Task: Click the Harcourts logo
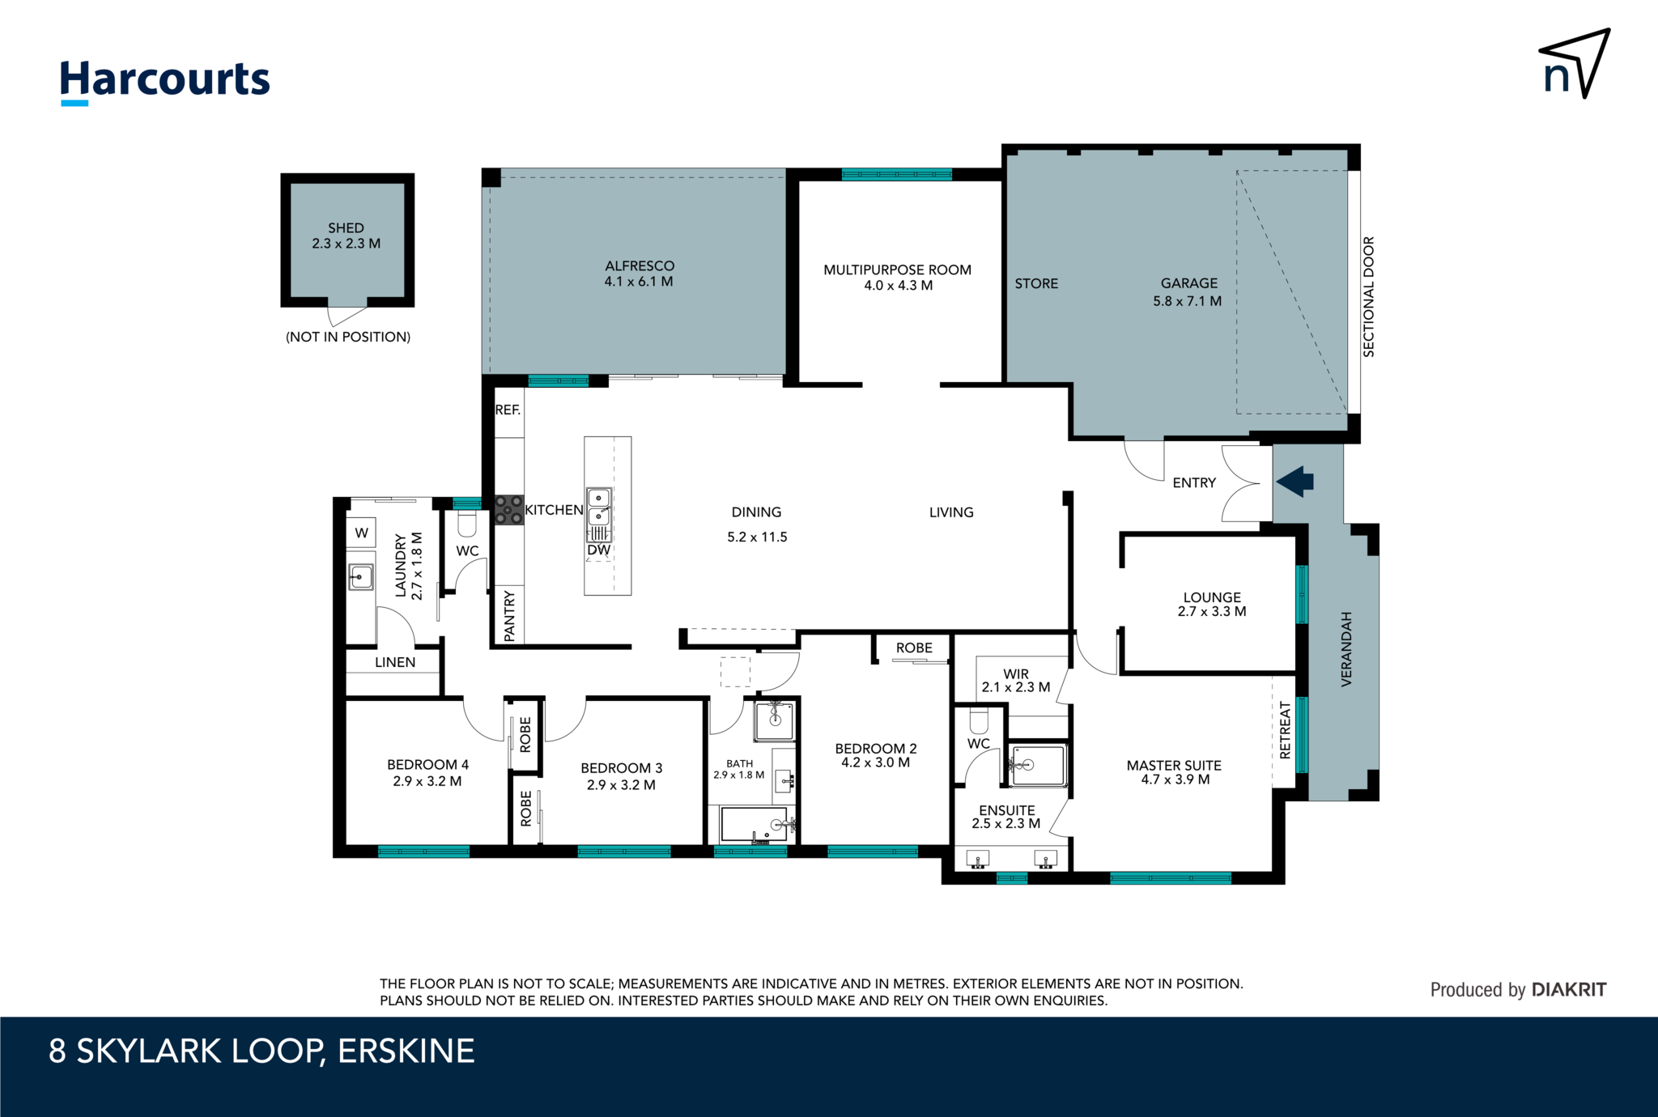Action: (x=164, y=81)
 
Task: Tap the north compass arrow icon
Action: (x=1575, y=64)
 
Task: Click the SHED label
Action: (x=346, y=228)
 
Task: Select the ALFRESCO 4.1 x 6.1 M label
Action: (x=639, y=274)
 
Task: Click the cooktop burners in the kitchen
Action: (x=509, y=510)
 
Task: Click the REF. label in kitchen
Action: (x=508, y=410)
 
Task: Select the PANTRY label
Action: (x=509, y=616)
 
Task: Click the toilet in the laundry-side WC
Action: (x=467, y=525)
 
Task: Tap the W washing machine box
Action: (x=362, y=533)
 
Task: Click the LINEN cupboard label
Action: (x=395, y=662)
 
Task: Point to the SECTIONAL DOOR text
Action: (x=1368, y=297)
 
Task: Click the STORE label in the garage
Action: (x=1036, y=283)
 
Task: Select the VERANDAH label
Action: (x=1346, y=649)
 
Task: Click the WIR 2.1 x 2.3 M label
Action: (x=1015, y=680)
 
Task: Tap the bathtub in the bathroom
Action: (x=754, y=824)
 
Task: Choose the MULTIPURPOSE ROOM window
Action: (x=896, y=174)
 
